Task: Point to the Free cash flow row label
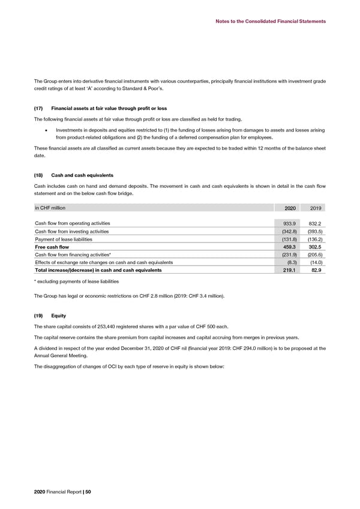53,247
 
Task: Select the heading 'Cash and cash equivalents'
83,175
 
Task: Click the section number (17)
39,109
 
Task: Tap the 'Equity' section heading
59,315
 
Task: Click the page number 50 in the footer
88,492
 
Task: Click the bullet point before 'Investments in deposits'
45,130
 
